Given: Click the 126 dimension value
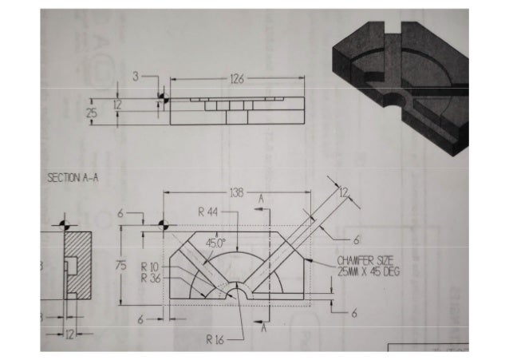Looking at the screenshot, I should [x=236, y=79].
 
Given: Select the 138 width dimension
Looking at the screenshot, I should [x=238, y=193].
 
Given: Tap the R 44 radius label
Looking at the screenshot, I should [x=210, y=212].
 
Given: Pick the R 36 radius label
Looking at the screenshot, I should [x=151, y=278].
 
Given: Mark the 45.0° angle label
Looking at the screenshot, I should [x=216, y=242].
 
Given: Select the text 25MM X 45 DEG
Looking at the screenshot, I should [x=368, y=271].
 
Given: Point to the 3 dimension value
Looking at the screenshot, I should [x=136, y=76].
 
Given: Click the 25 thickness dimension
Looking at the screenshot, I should [x=93, y=114].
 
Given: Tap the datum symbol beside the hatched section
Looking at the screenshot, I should [x=63, y=224].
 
